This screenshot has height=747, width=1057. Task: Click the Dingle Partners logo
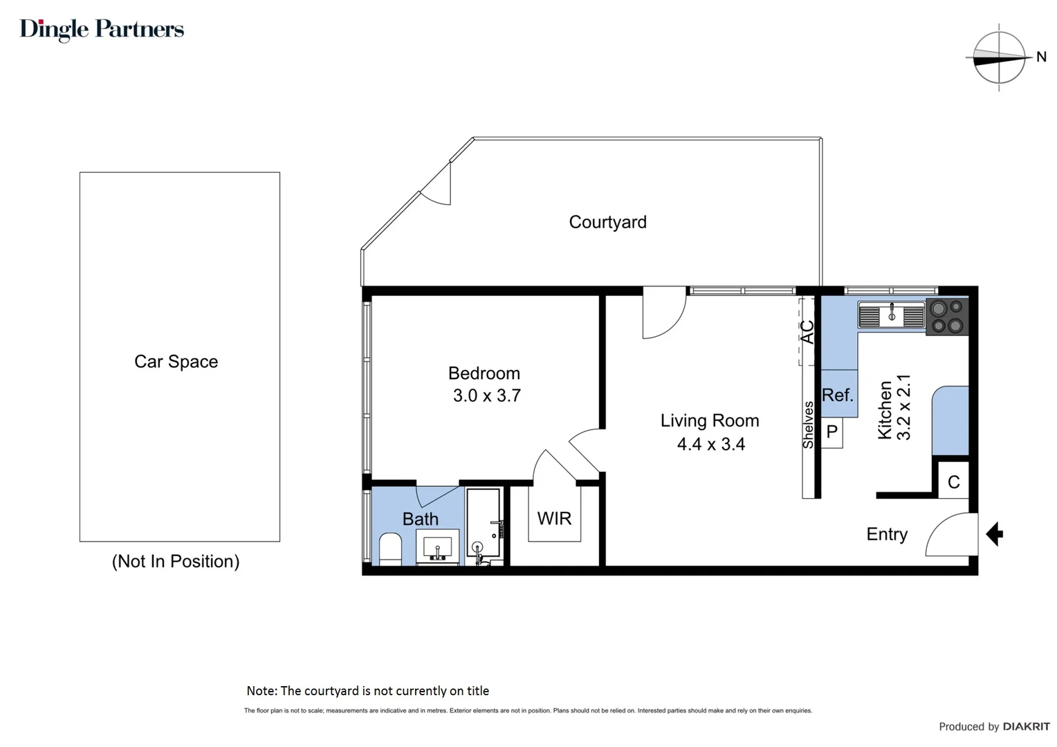[102, 29]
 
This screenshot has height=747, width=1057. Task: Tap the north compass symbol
[999, 58]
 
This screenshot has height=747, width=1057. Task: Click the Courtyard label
[607, 222]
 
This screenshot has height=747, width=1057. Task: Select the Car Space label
[176, 362]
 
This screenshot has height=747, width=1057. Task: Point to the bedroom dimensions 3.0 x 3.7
[486, 396]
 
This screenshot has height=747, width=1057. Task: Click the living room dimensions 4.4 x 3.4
[710, 444]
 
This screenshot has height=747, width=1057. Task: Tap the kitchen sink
[891, 315]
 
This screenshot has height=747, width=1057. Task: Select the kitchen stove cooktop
[947, 317]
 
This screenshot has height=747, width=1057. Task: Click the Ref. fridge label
[837, 395]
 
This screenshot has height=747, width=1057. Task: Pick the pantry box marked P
[832, 432]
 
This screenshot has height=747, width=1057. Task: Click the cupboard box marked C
[953, 482]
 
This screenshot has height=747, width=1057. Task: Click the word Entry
[886, 534]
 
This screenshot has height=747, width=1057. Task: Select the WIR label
[554, 518]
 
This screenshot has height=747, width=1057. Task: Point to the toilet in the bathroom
[390, 549]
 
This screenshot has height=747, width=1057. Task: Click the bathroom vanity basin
[437, 547]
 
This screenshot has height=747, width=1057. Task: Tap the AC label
[807, 332]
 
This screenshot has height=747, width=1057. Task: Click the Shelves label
[808, 425]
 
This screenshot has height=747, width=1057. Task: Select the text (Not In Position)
[176, 561]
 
